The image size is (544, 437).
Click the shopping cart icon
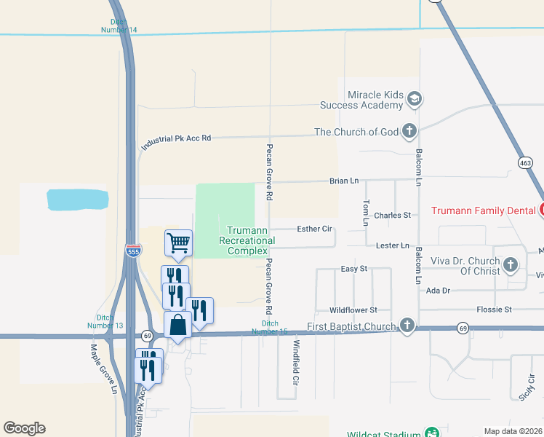[178, 243]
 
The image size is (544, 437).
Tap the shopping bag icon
[178, 325]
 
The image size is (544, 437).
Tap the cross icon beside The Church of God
[409, 132]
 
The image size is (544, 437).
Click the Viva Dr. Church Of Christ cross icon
[511, 264]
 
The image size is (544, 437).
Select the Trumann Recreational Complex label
[247, 240]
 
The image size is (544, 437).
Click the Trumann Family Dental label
[484, 210]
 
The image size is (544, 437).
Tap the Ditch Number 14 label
[119, 25]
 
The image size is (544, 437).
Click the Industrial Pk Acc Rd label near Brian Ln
[175, 141]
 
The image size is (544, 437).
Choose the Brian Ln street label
[344, 181]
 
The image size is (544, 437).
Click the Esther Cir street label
[314, 229]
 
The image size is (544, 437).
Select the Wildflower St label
[353, 310]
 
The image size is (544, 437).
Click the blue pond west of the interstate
[77, 199]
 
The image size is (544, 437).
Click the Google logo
[24, 428]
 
